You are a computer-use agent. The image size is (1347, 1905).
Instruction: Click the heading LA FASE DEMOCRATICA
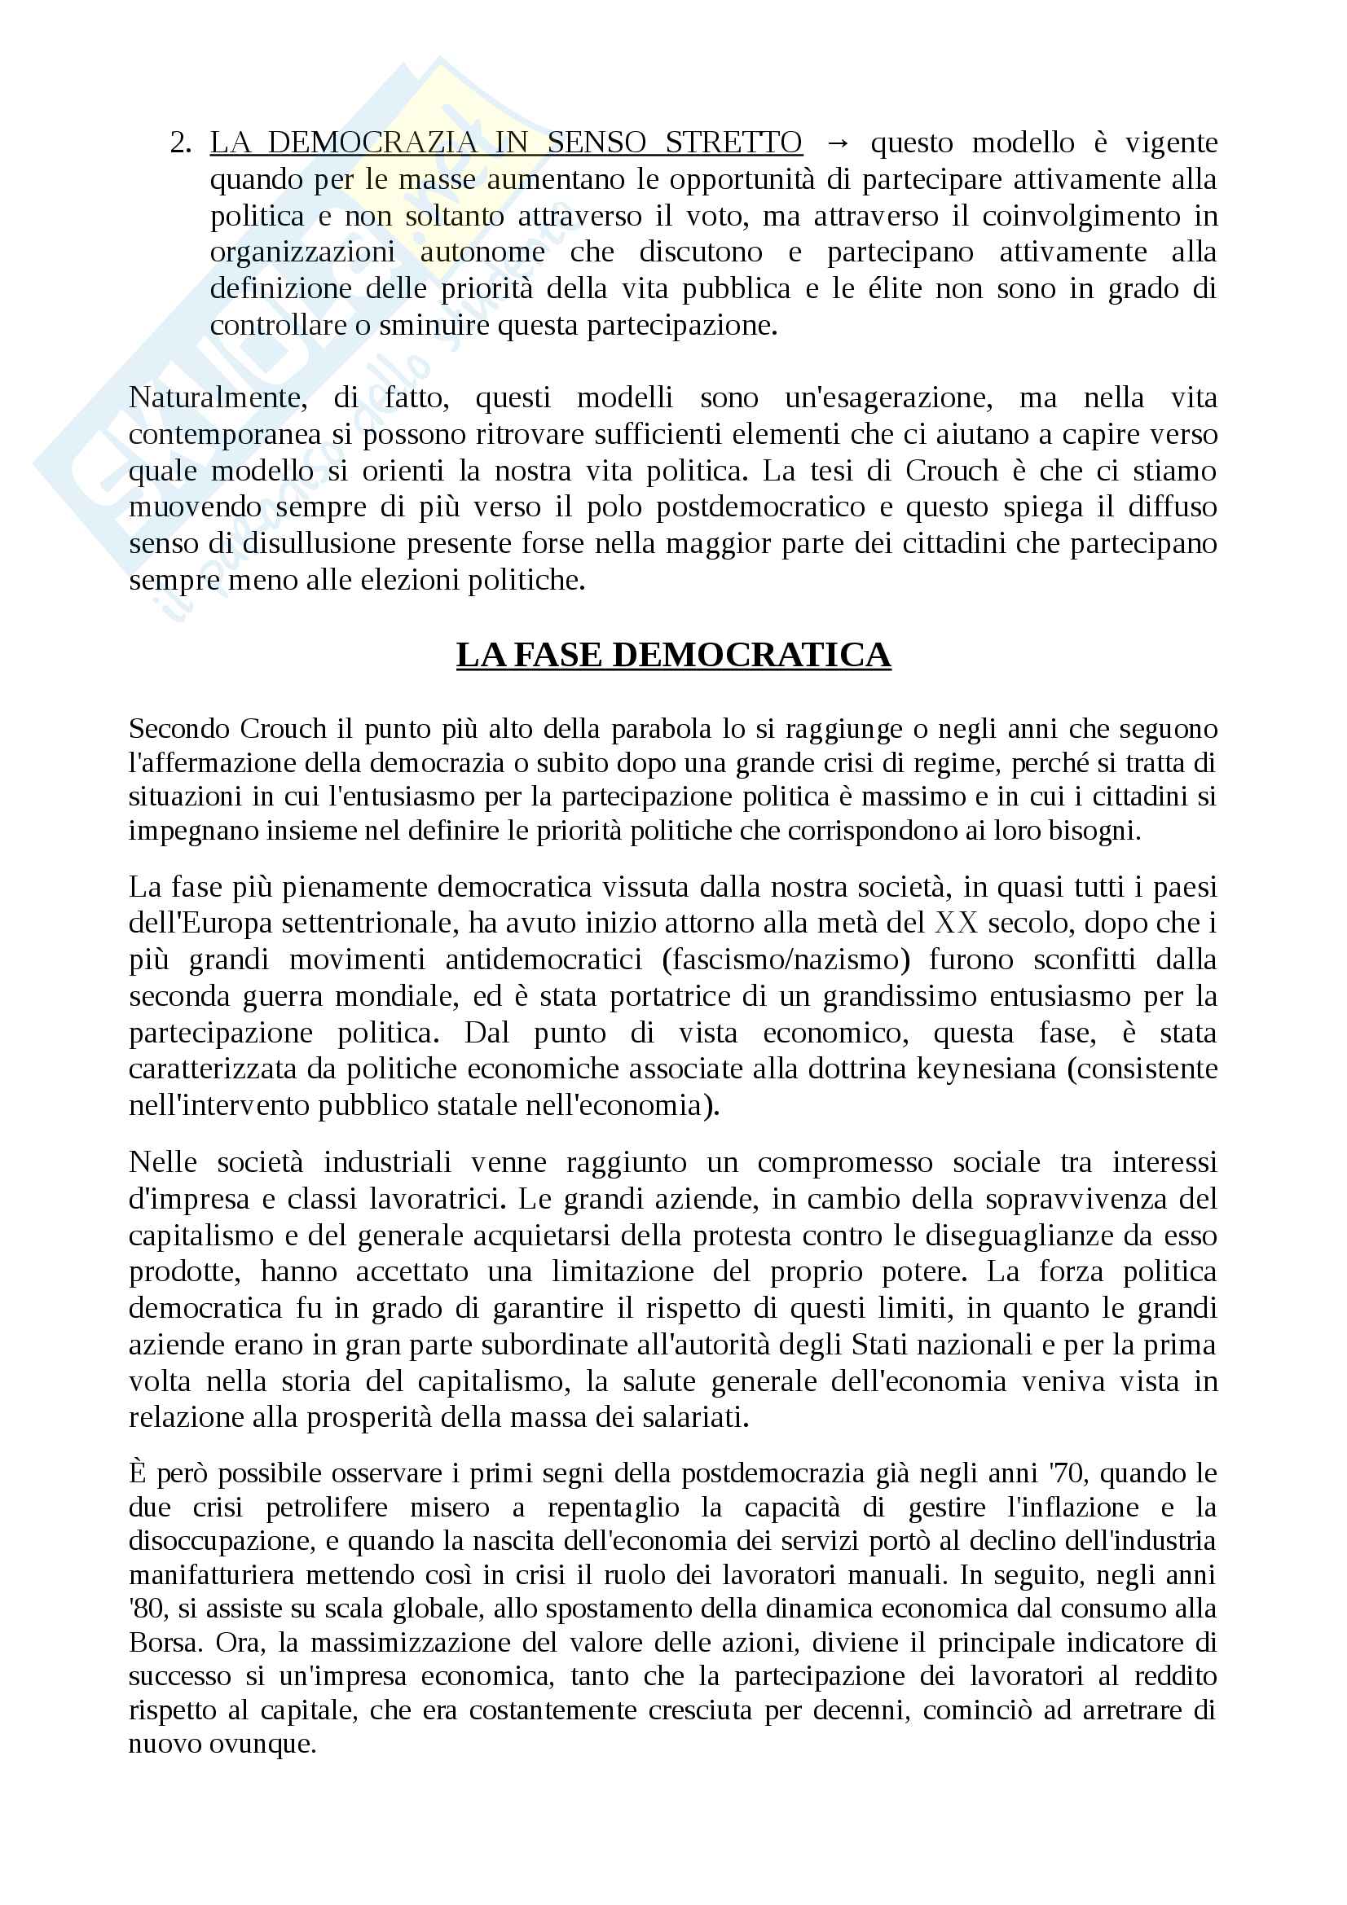pos(673,656)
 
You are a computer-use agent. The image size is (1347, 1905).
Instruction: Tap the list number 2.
pos(179,143)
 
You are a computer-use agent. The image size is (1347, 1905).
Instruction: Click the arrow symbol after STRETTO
pos(838,143)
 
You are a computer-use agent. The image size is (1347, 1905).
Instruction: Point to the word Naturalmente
pos(218,397)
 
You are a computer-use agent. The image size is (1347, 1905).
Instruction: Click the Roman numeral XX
pos(956,923)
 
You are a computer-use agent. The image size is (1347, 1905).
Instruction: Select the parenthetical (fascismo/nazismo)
pos(787,959)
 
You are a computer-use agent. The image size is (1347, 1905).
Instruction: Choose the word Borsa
pos(163,1642)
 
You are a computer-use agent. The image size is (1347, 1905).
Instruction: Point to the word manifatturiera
pos(213,1575)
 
